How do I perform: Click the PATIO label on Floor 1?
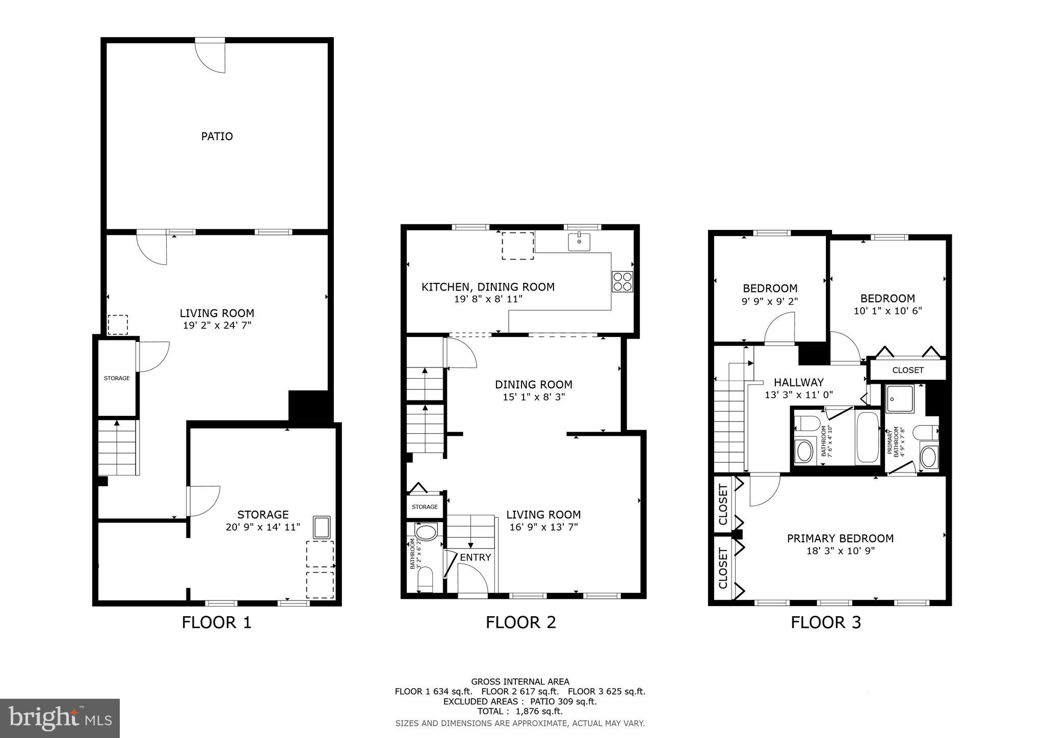tap(217, 136)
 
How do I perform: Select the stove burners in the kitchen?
tap(622, 281)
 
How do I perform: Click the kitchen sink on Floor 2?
tap(579, 242)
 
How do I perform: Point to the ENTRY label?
tap(475, 557)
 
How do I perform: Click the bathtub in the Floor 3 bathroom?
tap(867, 437)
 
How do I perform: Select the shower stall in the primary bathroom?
tap(900, 399)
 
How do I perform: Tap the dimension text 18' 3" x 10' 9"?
tap(840, 551)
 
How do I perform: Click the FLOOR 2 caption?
tap(520, 622)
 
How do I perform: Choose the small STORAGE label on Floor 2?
tap(425, 507)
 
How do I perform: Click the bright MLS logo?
tap(60, 719)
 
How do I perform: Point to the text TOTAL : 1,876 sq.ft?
tap(520, 711)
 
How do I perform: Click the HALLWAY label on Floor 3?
tap(798, 382)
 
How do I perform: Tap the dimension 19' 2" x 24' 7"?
tap(217, 326)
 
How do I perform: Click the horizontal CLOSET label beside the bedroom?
tap(908, 370)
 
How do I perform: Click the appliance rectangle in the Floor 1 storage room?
tap(322, 527)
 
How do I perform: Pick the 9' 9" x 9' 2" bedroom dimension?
tap(769, 301)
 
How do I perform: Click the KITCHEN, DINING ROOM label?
tap(488, 287)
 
